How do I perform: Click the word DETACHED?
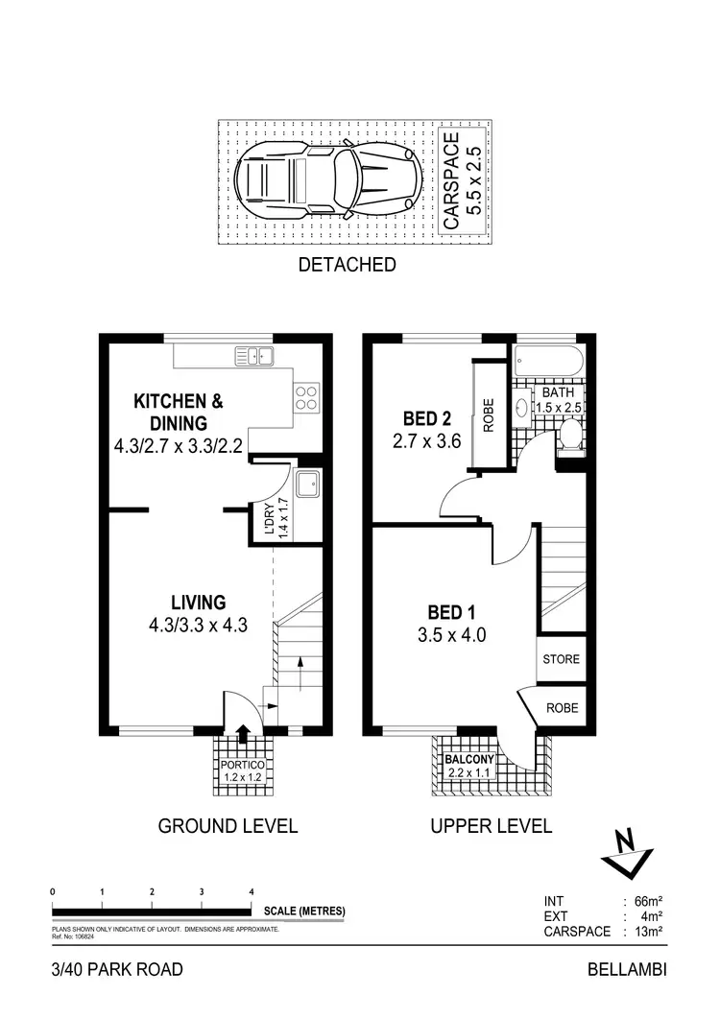[x=348, y=265]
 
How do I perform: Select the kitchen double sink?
[x=253, y=357]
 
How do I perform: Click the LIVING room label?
[x=198, y=603]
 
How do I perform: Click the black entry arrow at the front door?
[x=242, y=734]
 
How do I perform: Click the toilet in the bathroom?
[x=570, y=438]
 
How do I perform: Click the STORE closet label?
[x=562, y=660]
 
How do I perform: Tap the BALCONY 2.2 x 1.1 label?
[x=468, y=765]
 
